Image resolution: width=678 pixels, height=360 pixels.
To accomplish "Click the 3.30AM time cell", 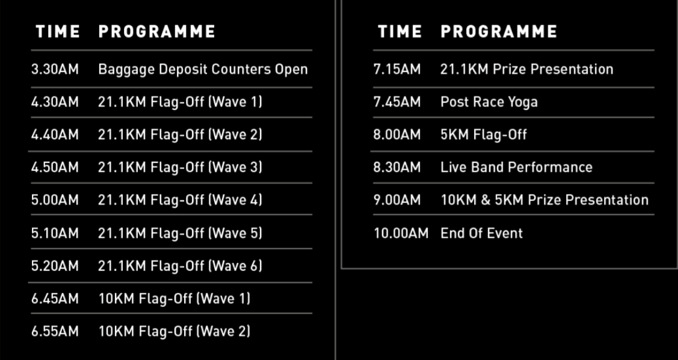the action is (x=55, y=69).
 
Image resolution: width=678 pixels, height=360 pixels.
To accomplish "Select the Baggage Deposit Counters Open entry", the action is (x=203, y=69).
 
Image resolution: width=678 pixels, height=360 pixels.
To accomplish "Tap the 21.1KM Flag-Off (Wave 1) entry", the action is (x=180, y=102).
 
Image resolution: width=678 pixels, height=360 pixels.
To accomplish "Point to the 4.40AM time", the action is (x=55, y=135).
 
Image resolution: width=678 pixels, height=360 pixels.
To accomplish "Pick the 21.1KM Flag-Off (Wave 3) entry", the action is (x=180, y=167).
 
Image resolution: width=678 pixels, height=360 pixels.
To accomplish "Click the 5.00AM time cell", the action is (x=55, y=200).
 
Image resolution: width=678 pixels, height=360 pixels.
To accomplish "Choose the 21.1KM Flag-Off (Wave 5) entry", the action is (x=180, y=233).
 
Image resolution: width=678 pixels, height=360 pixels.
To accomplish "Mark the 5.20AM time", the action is (x=55, y=266).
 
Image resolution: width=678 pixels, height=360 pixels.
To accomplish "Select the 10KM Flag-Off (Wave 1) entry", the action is (x=174, y=299).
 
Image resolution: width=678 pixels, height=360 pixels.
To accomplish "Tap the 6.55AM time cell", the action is (x=55, y=332).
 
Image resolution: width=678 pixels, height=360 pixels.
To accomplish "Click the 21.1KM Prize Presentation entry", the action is (x=526, y=69).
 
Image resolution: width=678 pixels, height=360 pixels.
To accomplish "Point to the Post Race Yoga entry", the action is (x=489, y=102).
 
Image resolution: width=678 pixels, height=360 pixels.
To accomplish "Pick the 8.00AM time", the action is (x=397, y=135).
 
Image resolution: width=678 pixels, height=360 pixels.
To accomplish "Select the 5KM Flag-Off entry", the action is (x=484, y=135).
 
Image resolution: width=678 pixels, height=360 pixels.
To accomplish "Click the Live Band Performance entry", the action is (x=516, y=167).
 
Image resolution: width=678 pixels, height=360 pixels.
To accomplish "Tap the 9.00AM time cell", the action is (x=397, y=200).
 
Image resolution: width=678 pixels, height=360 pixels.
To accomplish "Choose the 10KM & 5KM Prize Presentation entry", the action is (x=544, y=200).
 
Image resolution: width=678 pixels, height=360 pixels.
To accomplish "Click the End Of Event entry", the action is (x=482, y=233).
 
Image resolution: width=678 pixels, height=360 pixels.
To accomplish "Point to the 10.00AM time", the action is (x=401, y=233).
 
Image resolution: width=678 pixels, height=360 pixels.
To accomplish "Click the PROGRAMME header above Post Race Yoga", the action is (x=499, y=31).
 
